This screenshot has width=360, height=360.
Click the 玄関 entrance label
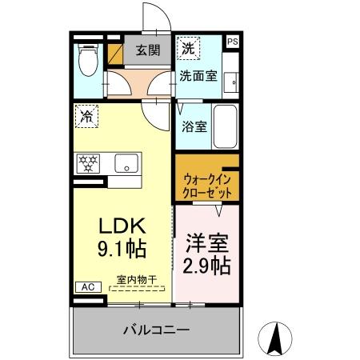pyautogui.click(x=147, y=50)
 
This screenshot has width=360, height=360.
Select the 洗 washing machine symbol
pyautogui.click(x=187, y=48)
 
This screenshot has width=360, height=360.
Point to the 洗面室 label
pyautogui.click(x=198, y=77)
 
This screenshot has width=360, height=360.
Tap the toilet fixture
pyautogui.click(x=87, y=58)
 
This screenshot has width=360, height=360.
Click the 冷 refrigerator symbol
pyautogui.click(x=86, y=117)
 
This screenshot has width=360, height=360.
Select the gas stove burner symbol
pyautogui.click(x=88, y=163)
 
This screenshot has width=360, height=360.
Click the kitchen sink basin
pyautogui.click(x=126, y=163)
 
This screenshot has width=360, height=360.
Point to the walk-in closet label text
pyautogui.click(x=207, y=186)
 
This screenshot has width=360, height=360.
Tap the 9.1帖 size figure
pyautogui.click(x=122, y=249)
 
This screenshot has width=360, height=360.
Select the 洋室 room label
pyautogui.click(x=207, y=241)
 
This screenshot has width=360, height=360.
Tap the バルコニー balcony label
pyautogui.click(x=156, y=330)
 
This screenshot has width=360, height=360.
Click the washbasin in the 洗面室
pyautogui.click(x=232, y=80)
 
